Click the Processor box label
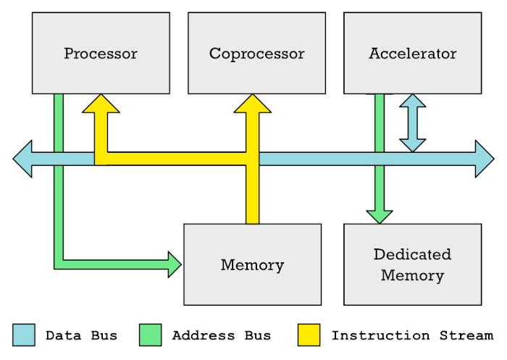[101, 54]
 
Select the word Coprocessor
[256, 54]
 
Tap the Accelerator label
[413, 54]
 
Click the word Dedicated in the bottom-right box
[413, 254]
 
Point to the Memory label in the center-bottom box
[253, 265]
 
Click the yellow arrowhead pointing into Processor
[101, 104]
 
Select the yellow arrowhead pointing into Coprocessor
[253, 104]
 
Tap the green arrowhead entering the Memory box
[175, 264]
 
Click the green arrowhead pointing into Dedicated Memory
[380, 217]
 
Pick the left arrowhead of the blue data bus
[22, 159]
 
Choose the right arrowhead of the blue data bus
[485, 159]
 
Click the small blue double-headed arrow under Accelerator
[413, 123]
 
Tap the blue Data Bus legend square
[24, 335]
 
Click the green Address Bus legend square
[151, 335]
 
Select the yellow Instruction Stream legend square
[309, 335]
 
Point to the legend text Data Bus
[81, 335]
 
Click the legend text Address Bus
[222, 335]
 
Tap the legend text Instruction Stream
[413, 335]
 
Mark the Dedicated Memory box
[413, 264]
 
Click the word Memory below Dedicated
[413, 275]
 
